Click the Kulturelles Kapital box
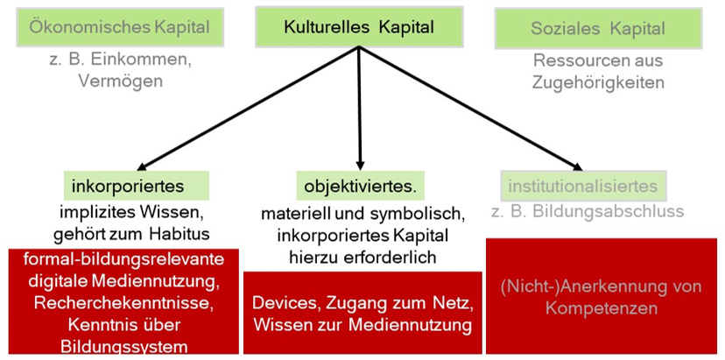(359, 27)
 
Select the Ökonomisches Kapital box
(120, 27)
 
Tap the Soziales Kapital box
(598, 28)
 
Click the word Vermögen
(120, 81)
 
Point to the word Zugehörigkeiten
(598, 82)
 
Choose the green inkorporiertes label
(137, 186)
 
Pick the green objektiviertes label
(361, 186)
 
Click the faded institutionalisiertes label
(583, 186)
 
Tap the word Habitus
(179, 234)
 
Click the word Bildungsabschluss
(608, 211)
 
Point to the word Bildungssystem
(123, 347)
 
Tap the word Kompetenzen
(601, 308)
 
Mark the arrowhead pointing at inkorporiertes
(142, 166)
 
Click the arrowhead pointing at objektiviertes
(361, 166)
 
